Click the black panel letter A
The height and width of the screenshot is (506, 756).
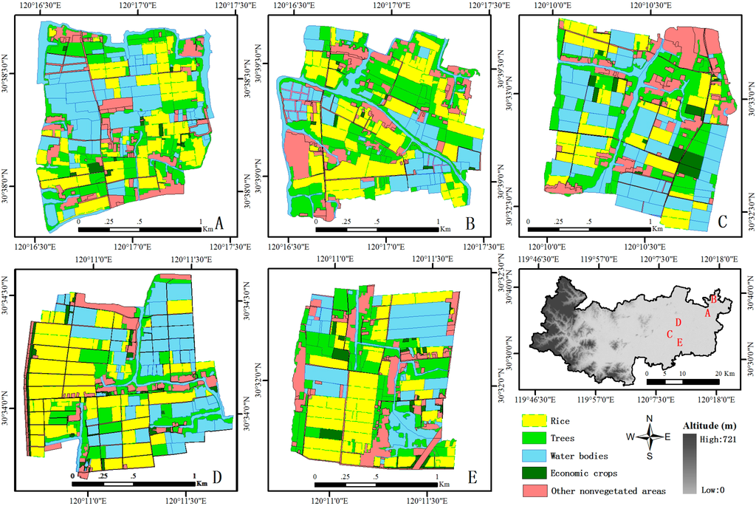pos(219,221)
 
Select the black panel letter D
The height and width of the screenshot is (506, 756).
pos(218,476)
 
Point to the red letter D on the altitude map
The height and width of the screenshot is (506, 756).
pos(677,321)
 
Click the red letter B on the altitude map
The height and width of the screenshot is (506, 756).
pos(713,298)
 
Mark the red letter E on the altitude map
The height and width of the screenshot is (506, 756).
pos(679,342)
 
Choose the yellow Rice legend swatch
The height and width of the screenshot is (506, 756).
pos(533,421)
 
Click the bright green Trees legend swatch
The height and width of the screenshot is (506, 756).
pos(533,439)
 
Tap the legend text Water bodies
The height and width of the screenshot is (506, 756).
pos(579,456)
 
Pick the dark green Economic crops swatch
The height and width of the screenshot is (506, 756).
pos(533,473)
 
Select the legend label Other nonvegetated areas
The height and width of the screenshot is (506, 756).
pos(607,491)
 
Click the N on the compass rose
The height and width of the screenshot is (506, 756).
pos(650,419)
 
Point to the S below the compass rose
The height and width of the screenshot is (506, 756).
pos(650,456)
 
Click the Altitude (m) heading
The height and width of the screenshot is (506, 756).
pos(713,425)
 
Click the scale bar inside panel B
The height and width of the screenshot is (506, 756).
pos(377,230)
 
